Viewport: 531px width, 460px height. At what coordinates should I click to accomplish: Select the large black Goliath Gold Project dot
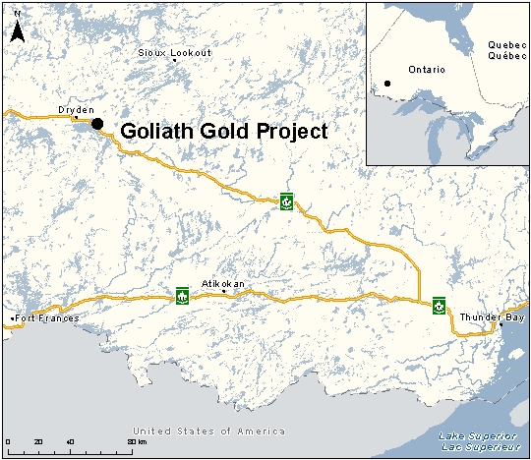(96, 123)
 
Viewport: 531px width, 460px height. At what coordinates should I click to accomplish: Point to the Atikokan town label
(222, 283)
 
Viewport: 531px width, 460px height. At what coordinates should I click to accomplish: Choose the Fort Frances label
(44, 318)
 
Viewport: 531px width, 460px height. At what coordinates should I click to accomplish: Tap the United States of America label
(209, 431)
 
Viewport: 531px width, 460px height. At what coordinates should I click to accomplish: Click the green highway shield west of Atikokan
(182, 295)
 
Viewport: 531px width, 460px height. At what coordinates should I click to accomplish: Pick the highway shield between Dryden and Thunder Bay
(286, 202)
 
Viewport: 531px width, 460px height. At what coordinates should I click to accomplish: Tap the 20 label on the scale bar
(38, 442)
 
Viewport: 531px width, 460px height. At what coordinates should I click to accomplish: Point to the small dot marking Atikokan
(224, 292)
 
